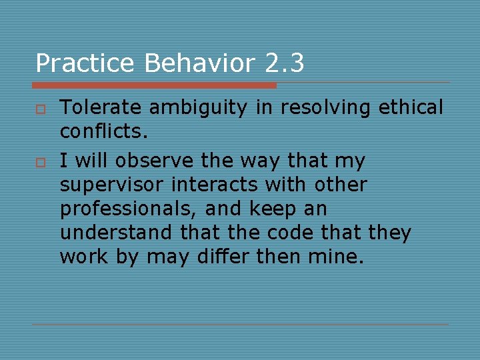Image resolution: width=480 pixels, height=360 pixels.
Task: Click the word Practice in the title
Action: [85, 63]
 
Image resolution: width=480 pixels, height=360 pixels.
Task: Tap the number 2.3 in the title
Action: [285, 63]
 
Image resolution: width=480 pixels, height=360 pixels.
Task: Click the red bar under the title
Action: [154, 85]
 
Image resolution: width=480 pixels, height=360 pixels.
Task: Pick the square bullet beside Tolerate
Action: [39, 109]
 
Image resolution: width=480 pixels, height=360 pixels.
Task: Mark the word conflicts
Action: [101, 131]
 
